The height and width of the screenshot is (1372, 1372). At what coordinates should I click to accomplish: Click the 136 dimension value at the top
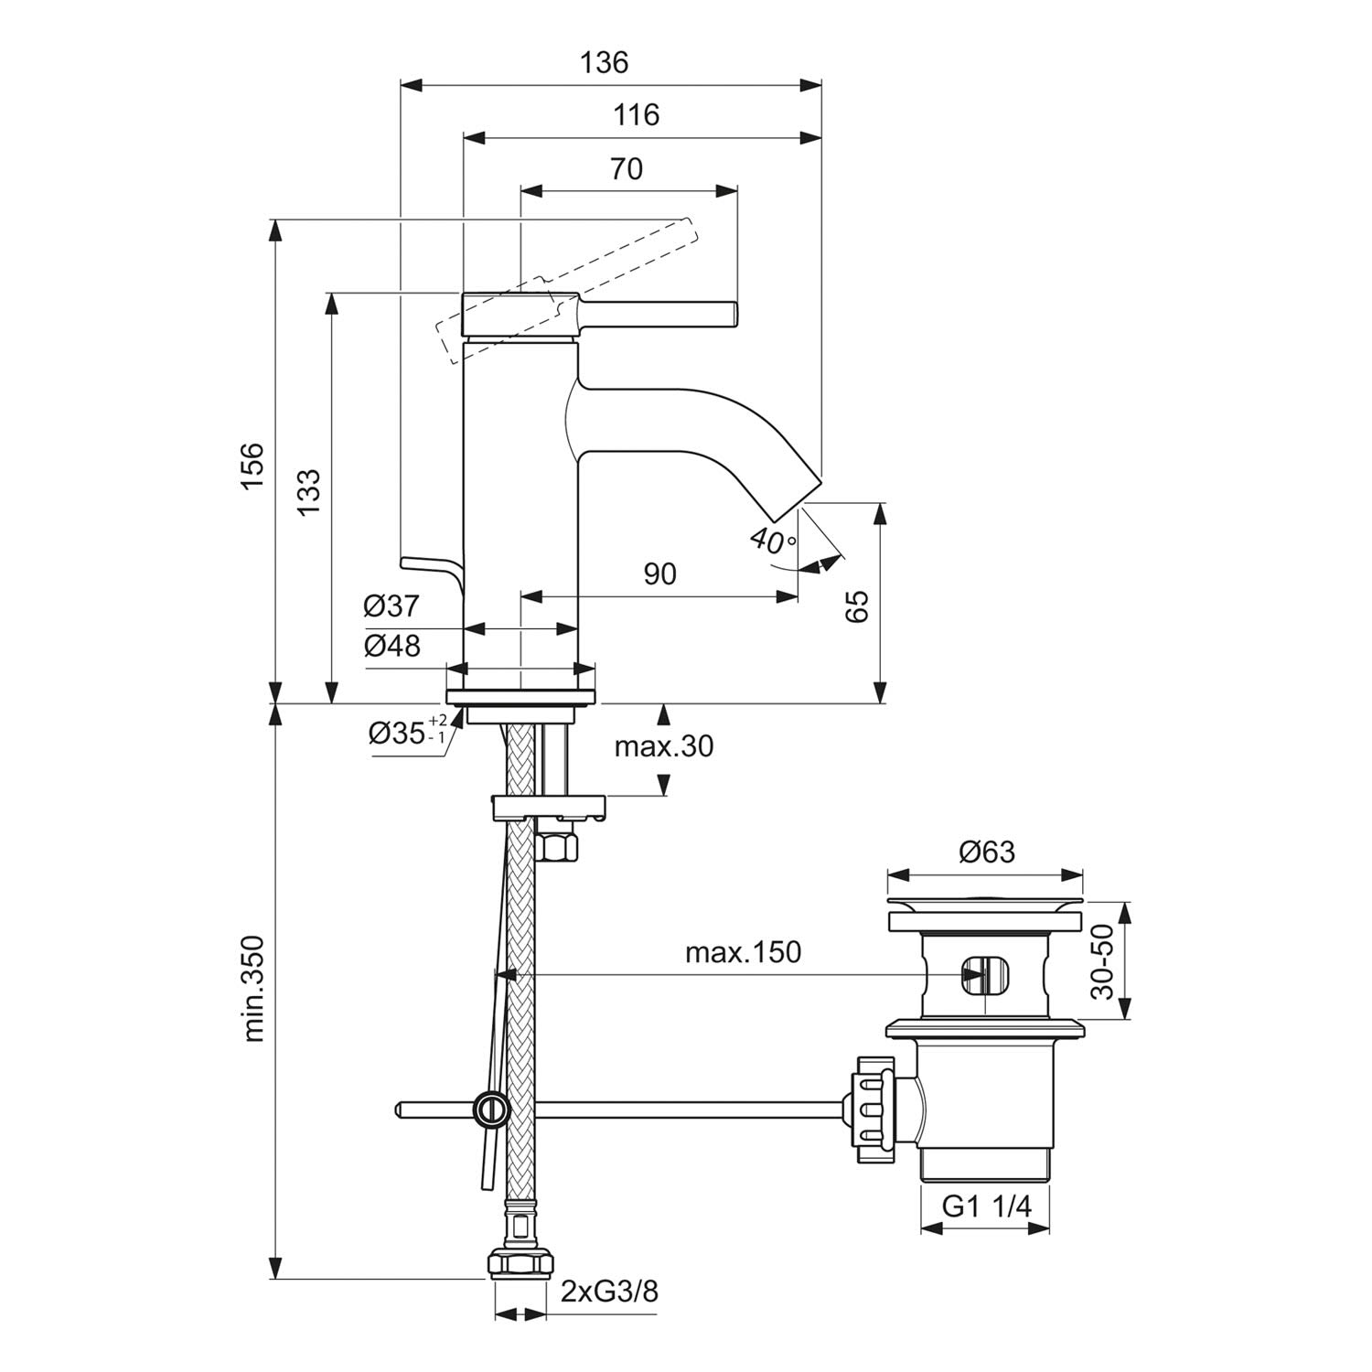(605, 62)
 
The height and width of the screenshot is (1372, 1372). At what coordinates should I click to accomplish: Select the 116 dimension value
(637, 115)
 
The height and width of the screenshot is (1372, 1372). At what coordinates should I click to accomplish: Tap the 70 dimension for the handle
(627, 169)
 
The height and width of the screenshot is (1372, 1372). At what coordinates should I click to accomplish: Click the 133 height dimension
(309, 492)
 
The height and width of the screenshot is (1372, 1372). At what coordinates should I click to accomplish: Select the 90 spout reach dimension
(659, 573)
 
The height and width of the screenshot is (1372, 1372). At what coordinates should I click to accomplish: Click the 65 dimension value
(857, 606)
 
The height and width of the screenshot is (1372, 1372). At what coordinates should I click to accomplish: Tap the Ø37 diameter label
(391, 606)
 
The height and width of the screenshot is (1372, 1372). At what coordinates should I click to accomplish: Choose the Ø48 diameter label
(391, 646)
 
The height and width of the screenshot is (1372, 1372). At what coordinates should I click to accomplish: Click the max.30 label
(663, 746)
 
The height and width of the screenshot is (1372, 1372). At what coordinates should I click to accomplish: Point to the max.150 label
(743, 952)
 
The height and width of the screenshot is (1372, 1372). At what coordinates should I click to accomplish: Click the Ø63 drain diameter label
(986, 852)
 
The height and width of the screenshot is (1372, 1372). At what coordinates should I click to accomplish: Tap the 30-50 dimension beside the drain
(1104, 961)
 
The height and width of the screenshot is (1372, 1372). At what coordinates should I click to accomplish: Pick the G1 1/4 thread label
(987, 1206)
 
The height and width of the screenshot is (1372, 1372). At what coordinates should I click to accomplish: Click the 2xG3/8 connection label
(609, 1292)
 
